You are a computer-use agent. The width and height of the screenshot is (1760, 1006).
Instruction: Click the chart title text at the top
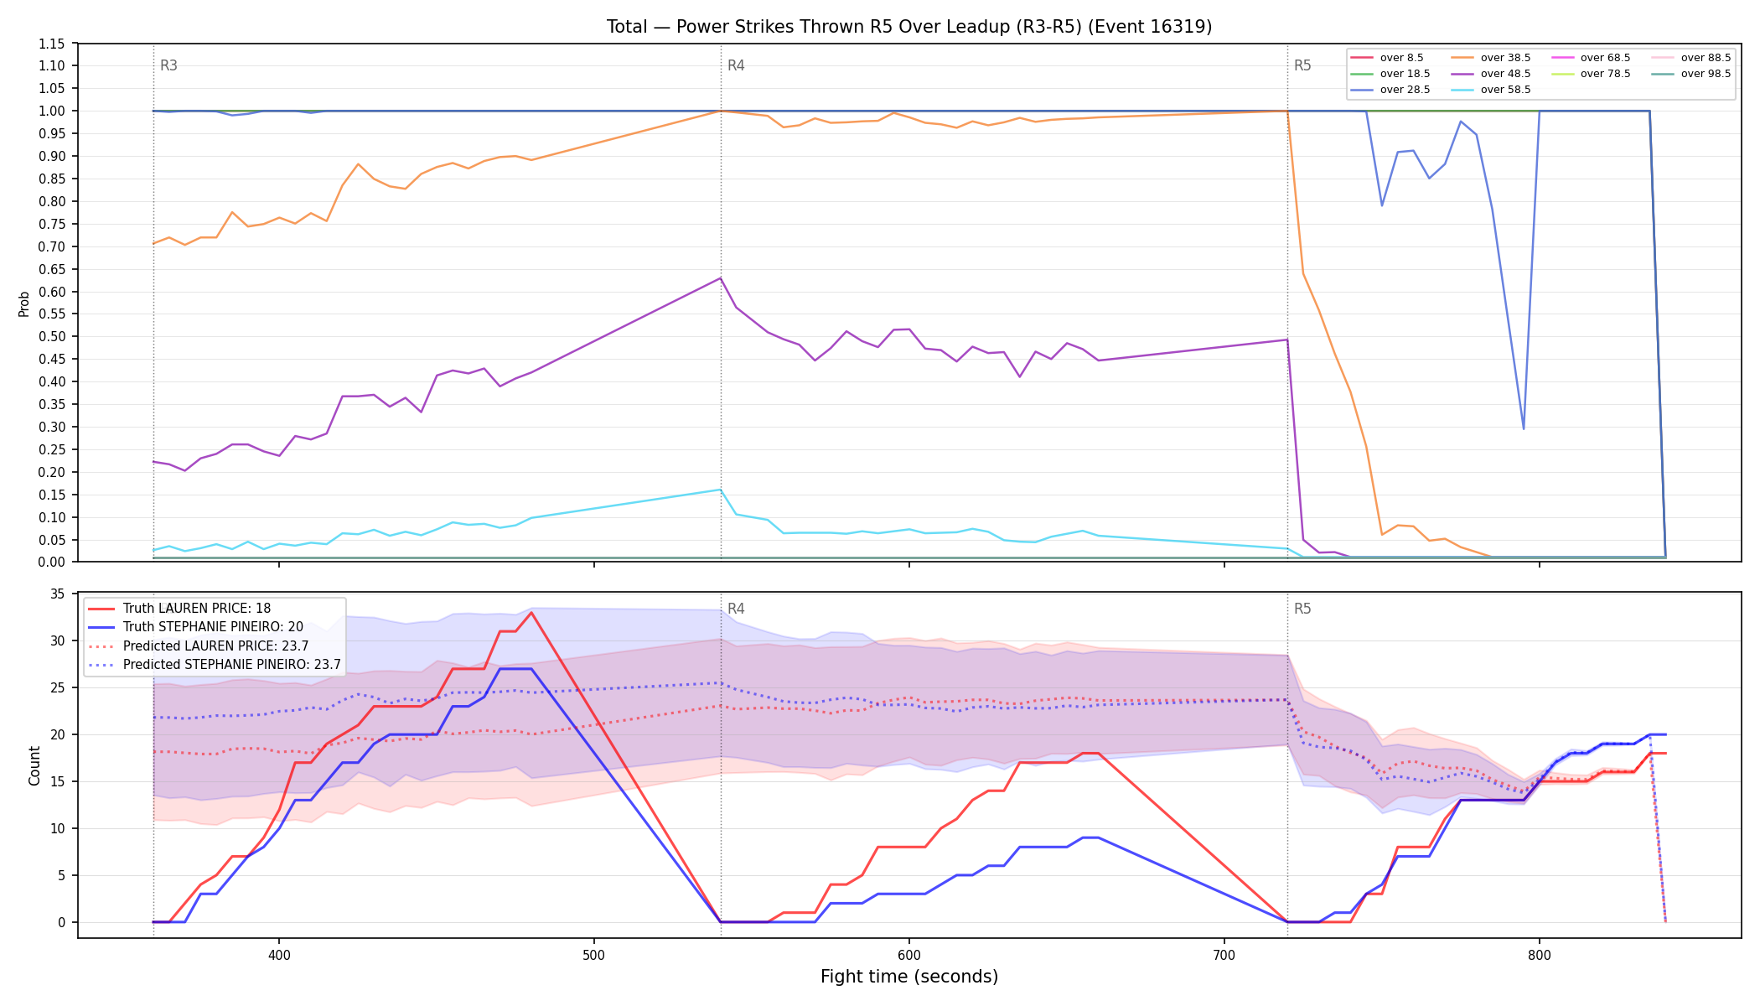pyautogui.click(x=909, y=27)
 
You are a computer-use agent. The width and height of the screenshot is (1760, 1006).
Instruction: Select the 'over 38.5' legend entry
pyautogui.click(x=1491, y=58)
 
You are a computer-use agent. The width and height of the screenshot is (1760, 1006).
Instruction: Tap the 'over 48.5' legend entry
pyautogui.click(x=1491, y=74)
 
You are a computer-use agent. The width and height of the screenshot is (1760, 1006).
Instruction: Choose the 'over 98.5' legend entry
pyautogui.click(x=1691, y=74)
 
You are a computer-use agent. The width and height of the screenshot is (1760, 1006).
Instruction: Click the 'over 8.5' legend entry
pyautogui.click(x=1387, y=58)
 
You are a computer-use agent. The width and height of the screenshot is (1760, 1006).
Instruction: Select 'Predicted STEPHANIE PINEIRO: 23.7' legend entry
pyautogui.click(x=215, y=665)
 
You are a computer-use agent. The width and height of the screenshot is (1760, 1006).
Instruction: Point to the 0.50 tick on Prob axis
pyautogui.click(x=54, y=337)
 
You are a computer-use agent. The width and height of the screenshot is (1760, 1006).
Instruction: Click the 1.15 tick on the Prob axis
pyautogui.click(x=54, y=44)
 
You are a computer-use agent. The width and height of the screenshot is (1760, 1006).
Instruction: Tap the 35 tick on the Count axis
pyautogui.click(x=58, y=594)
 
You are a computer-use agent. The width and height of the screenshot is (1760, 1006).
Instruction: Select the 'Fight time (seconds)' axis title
pyautogui.click(x=909, y=977)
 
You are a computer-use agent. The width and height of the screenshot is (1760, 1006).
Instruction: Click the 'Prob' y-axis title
pyautogui.click(x=24, y=303)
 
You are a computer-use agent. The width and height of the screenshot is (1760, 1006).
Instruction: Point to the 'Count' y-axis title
pyautogui.click(x=34, y=765)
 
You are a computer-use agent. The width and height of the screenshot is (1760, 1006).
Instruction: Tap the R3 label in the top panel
pyautogui.click(x=168, y=65)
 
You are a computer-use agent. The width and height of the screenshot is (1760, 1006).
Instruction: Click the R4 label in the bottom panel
pyautogui.click(x=736, y=609)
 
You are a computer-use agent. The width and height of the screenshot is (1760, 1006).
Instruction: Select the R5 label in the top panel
pyautogui.click(x=1302, y=65)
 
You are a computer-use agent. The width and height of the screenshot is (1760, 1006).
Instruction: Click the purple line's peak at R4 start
pyautogui.click(x=721, y=278)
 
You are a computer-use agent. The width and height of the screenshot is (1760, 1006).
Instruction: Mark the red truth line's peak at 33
pyautogui.click(x=531, y=613)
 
